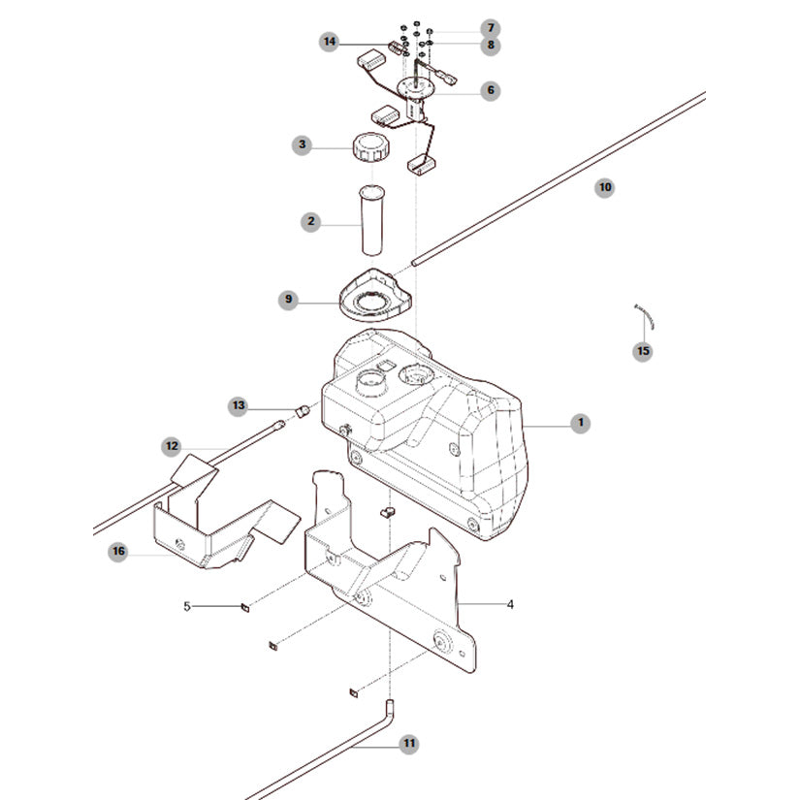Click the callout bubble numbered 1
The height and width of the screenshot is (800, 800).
click(x=580, y=423)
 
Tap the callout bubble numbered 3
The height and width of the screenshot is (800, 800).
click(x=302, y=145)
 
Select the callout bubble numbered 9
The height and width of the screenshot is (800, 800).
click(x=288, y=300)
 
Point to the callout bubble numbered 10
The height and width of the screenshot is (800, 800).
click(x=604, y=188)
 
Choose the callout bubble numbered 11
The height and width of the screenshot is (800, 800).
click(x=408, y=744)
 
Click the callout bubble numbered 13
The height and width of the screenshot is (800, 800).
click(x=239, y=406)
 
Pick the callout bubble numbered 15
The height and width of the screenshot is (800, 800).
click(x=643, y=351)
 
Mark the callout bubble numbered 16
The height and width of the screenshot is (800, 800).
click(x=118, y=552)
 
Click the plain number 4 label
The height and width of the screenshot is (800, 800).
click(x=510, y=604)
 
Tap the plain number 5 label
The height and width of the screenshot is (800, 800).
click(x=187, y=606)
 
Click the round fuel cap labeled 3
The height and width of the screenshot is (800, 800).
click(x=370, y=147)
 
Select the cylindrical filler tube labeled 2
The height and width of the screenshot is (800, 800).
click(x=371, y=220)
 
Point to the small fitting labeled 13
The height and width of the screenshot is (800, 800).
click(x=304, y=411)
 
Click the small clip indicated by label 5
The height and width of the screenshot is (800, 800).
click(x=245, y=607)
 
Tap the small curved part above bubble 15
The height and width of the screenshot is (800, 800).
click(x=645, y=316)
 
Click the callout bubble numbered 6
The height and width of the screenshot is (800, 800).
click(x=491, y=91)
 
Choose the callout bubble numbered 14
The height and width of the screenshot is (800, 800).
click(x=330, y=42)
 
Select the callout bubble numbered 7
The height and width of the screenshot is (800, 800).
click(x=491, y=28)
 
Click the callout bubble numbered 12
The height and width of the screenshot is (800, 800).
click(x=172, y=446)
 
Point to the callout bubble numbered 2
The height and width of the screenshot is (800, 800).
click(x=310, y=221)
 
